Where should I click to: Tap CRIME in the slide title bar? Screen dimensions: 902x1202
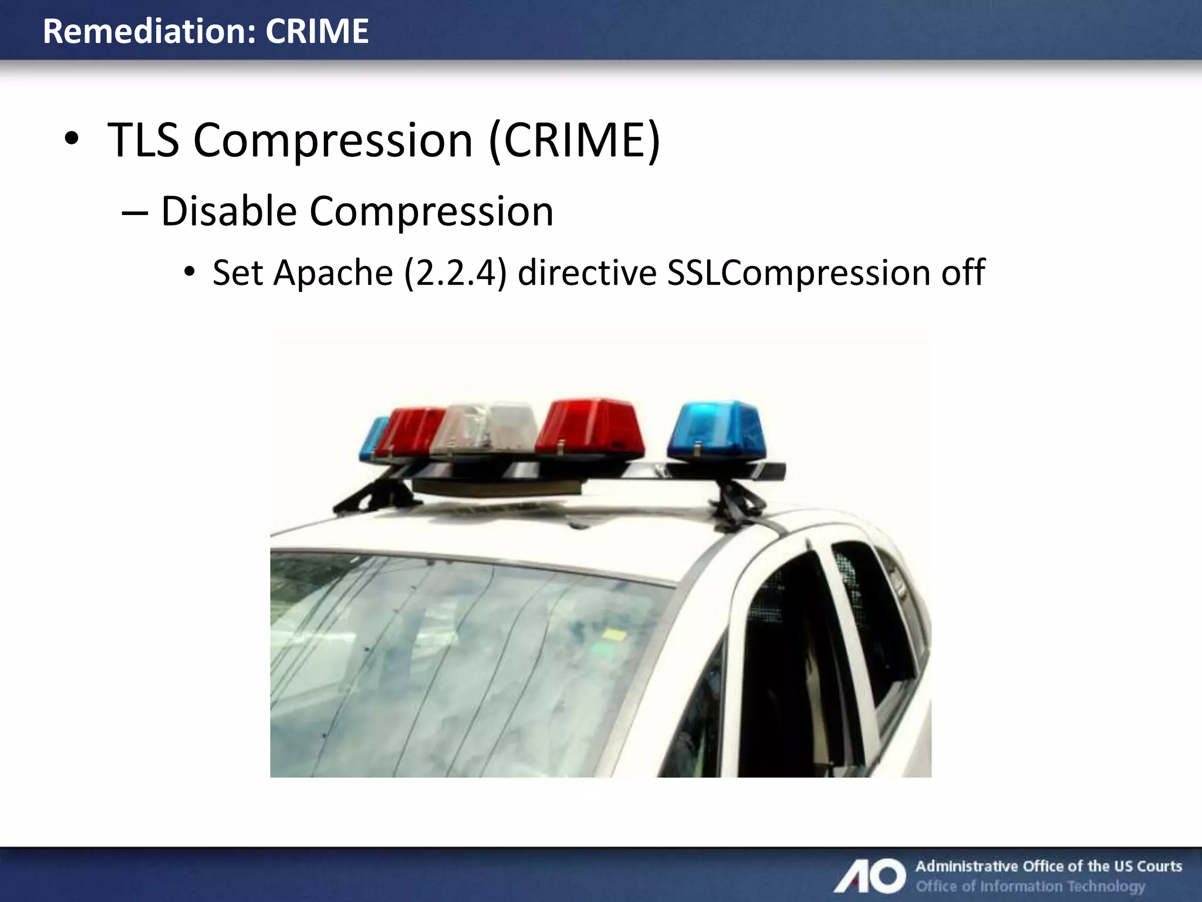coord(317,31)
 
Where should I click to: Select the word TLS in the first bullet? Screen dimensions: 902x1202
coord(143,140)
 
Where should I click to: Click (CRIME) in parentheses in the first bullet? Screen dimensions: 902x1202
coord(575,140)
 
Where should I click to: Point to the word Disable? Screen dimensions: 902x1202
coord(229,211)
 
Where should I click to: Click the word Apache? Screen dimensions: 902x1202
coord(333,273)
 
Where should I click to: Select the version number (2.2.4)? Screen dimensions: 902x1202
coord(455,273)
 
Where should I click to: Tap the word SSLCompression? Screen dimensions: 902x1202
coord(799,273)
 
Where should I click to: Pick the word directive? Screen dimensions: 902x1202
coord(587,273)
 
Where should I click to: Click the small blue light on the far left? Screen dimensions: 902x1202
coord(373,439)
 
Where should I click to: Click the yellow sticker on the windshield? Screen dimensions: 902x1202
coord(615,634)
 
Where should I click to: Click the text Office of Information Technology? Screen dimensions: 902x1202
coord(1031,886)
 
